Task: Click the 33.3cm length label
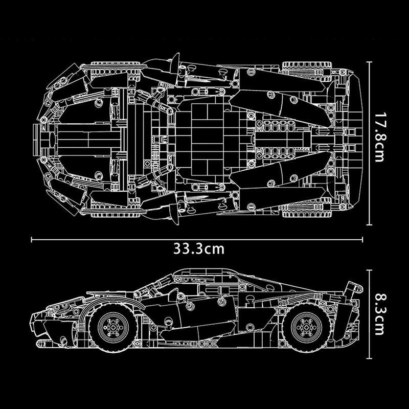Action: click(199, 249)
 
